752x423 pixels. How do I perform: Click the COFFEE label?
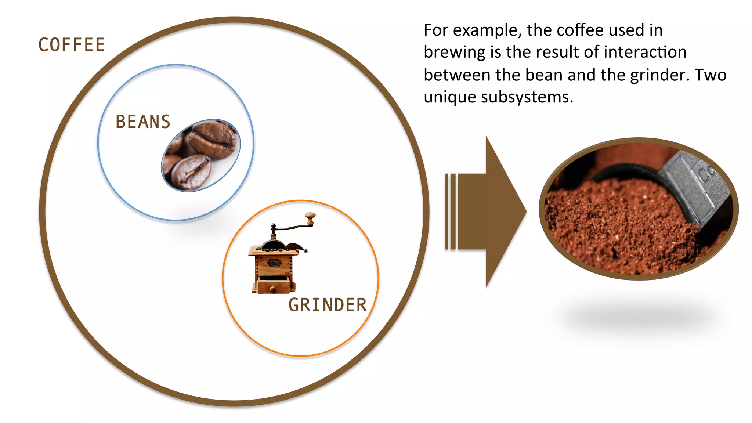pos(72,45)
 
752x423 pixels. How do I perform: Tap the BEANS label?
pos(143,122)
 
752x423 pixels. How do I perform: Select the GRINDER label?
pos(328,305)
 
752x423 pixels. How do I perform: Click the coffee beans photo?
pos(201,155)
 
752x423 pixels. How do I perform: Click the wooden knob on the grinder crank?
pos(310,218)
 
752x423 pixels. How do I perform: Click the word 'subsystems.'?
pos(527,97)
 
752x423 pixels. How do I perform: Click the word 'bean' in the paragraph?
pos(544,75)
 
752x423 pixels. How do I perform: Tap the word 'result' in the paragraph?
pos(555,52)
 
